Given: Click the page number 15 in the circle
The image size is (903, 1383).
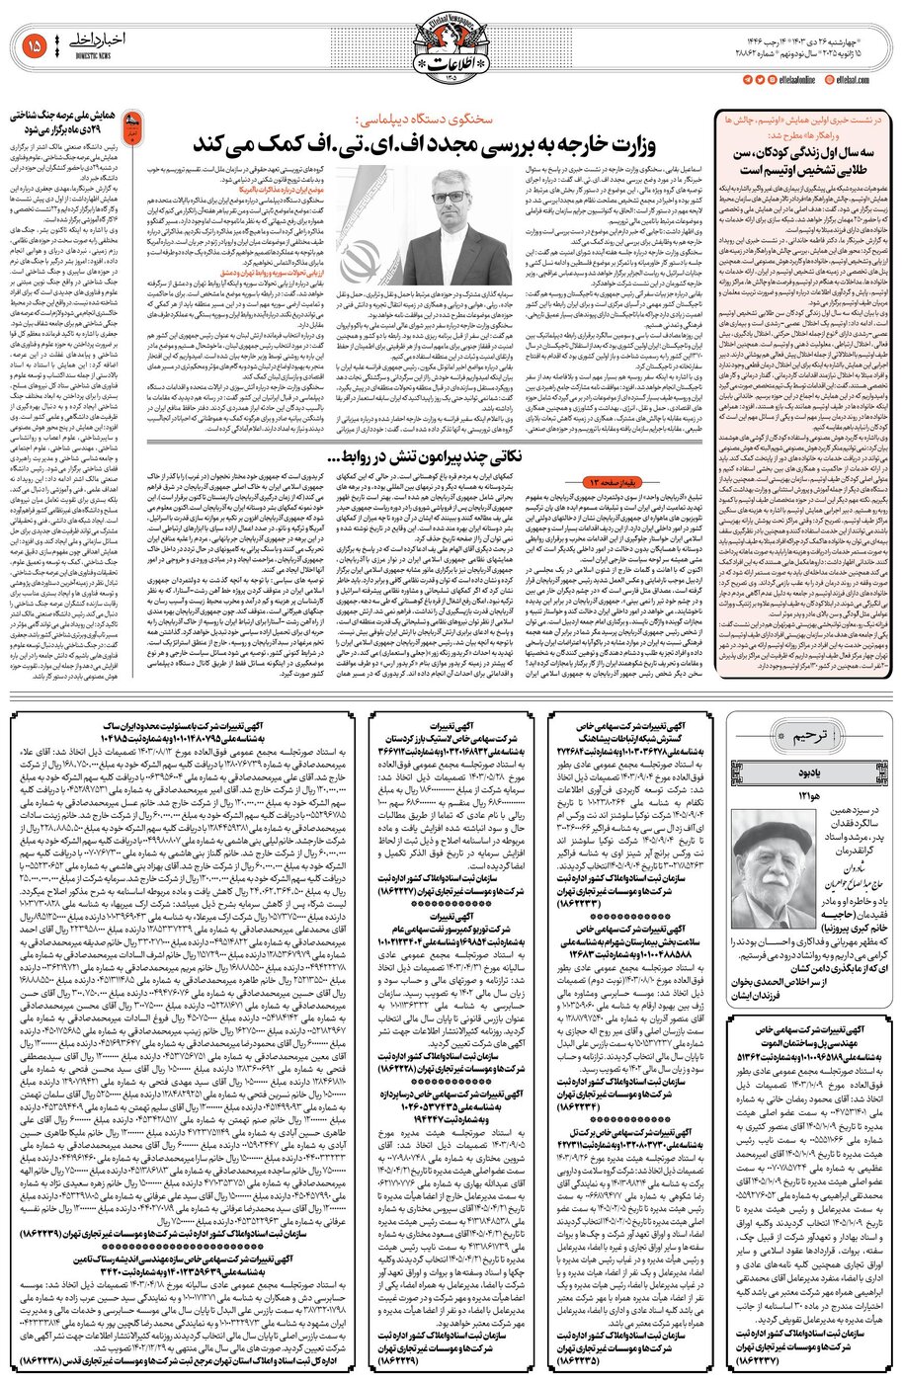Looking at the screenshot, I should coord(35,44).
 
